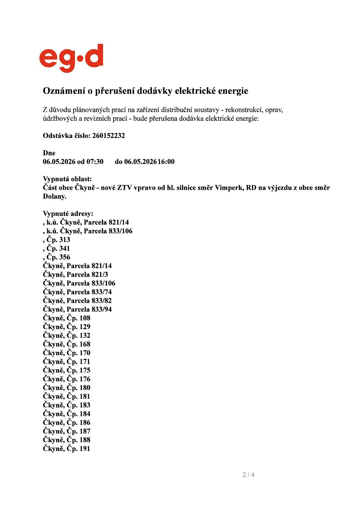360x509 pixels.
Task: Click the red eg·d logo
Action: (71, 58)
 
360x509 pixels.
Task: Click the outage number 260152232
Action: (108, 136)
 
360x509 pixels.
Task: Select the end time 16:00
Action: (166, 162)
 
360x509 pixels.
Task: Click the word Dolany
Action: (54, 196)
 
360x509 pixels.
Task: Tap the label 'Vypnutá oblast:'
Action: (67, 179)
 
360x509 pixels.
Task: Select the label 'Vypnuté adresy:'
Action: (68, 214)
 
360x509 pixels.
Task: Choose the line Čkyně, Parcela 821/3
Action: (75, 275)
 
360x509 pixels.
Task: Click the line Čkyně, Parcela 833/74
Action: (77, 292)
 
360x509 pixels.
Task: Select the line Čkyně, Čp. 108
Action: (66, 318)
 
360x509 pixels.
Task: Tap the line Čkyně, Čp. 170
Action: (66, 353)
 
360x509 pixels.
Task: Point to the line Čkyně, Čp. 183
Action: (66, 405)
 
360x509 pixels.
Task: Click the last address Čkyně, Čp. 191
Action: (66, 449)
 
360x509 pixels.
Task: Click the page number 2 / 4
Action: (248, 475)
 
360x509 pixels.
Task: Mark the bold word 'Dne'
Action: (49, 153)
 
